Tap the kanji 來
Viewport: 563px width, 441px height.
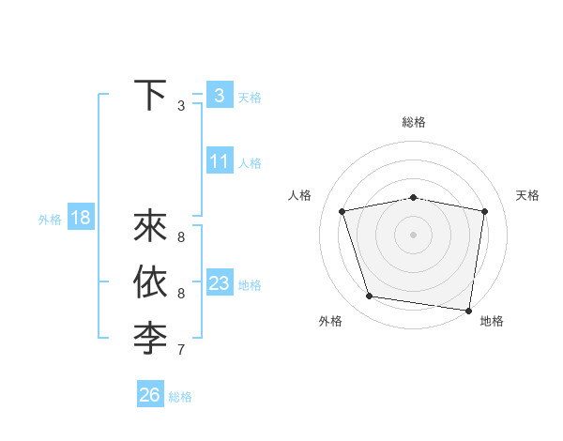click(x=150, y=228)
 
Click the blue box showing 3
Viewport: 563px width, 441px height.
click(x=219, y=95)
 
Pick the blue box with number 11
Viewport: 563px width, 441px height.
click(x=219, y=161)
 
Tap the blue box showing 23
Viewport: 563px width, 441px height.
click(x=219, y=283)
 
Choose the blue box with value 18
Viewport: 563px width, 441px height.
click(x=80, y=219)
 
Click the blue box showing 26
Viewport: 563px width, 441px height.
click(x=149, y=395)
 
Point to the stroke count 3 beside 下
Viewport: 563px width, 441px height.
click(x=181, y=106)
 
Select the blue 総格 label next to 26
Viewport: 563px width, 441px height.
click(x=180, y=397)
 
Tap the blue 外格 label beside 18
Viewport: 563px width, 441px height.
click(x=50, y=220)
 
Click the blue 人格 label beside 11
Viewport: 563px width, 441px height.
click(x=250, y=163)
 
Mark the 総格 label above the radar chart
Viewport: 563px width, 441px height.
click(x=414, y=122)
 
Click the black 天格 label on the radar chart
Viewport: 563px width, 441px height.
click(x=527, y=195)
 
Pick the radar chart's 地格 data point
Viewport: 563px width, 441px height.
click(x=467, y=310)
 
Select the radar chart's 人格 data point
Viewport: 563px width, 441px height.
click(x=342, y=211)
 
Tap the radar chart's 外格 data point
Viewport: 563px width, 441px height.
click(x=370, y=297)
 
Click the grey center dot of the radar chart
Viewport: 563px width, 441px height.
click(x=414, y=235)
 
